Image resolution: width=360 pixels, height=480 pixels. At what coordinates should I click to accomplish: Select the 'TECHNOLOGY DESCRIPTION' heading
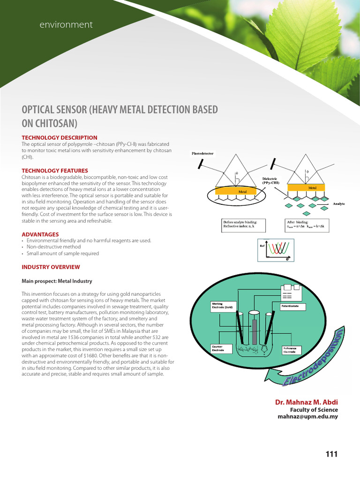point(60,137)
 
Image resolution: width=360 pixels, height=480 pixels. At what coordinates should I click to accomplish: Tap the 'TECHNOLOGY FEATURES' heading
point(55,171)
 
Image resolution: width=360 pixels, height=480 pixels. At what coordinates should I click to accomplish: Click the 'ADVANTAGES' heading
point(40,234)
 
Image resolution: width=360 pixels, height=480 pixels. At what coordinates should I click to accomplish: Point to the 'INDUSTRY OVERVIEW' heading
point(51,267)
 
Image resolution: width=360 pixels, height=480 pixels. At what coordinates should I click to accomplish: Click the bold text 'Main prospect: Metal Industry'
point(57,281)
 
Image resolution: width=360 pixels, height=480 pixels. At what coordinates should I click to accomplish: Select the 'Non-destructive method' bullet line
point(53,247)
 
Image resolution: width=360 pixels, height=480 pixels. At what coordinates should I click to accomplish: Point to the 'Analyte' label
point(338,204)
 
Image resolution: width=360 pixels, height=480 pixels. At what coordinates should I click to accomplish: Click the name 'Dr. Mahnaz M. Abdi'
point(306,403)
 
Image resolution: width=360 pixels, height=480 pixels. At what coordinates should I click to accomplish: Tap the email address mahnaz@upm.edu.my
point(307,416)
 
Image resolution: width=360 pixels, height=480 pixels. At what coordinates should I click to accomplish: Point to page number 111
point(331,454)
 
